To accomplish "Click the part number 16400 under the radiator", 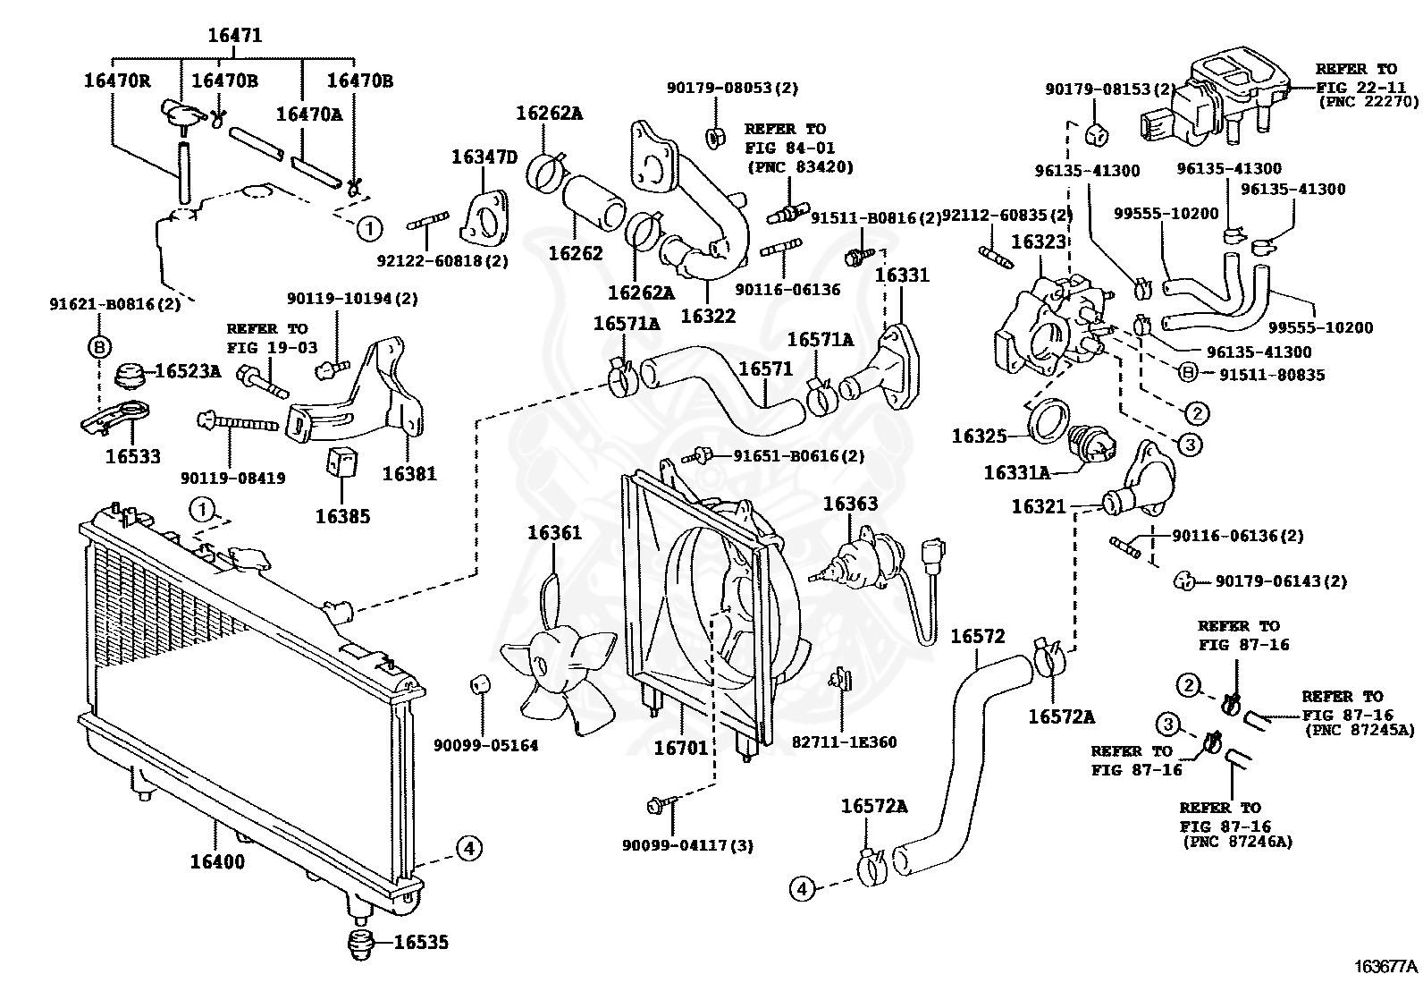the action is [x=217, y=861].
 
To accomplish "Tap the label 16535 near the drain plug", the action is [x=421, y=942].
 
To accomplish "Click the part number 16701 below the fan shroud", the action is [x=681, y=749].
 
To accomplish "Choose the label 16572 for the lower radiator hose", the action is [x=978, y=637].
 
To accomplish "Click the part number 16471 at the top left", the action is [x=235, y=35].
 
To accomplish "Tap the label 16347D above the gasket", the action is [x=484, y=157].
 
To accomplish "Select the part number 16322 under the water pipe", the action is [x=708, y=316].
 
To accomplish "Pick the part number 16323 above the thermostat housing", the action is [x=1038, y=242].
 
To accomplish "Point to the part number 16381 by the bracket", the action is [x=409, y=474].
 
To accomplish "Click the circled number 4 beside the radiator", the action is [x=469, y=848].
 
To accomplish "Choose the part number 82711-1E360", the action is [x=845, y=742].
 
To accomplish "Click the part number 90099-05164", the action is [x=486, y=745].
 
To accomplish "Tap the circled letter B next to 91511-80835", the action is [x=1188, y=373].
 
